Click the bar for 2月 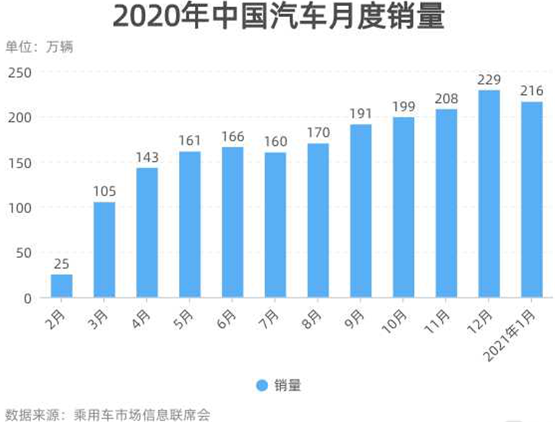[x=62, y=286]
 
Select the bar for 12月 [x=489, y=193]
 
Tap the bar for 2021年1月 [x=532, y=200]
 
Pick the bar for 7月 [x=275, y=225]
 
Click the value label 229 [x=489, y=81]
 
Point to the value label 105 [x=104, y=192]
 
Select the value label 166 [x=232, y=137]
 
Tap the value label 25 [x=62, y=264]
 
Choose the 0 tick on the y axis [x=27, y=298]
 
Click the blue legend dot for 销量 [x=262, y=386]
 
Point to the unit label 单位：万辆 [x=39, y=47]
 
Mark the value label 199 [x=403, y=107]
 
